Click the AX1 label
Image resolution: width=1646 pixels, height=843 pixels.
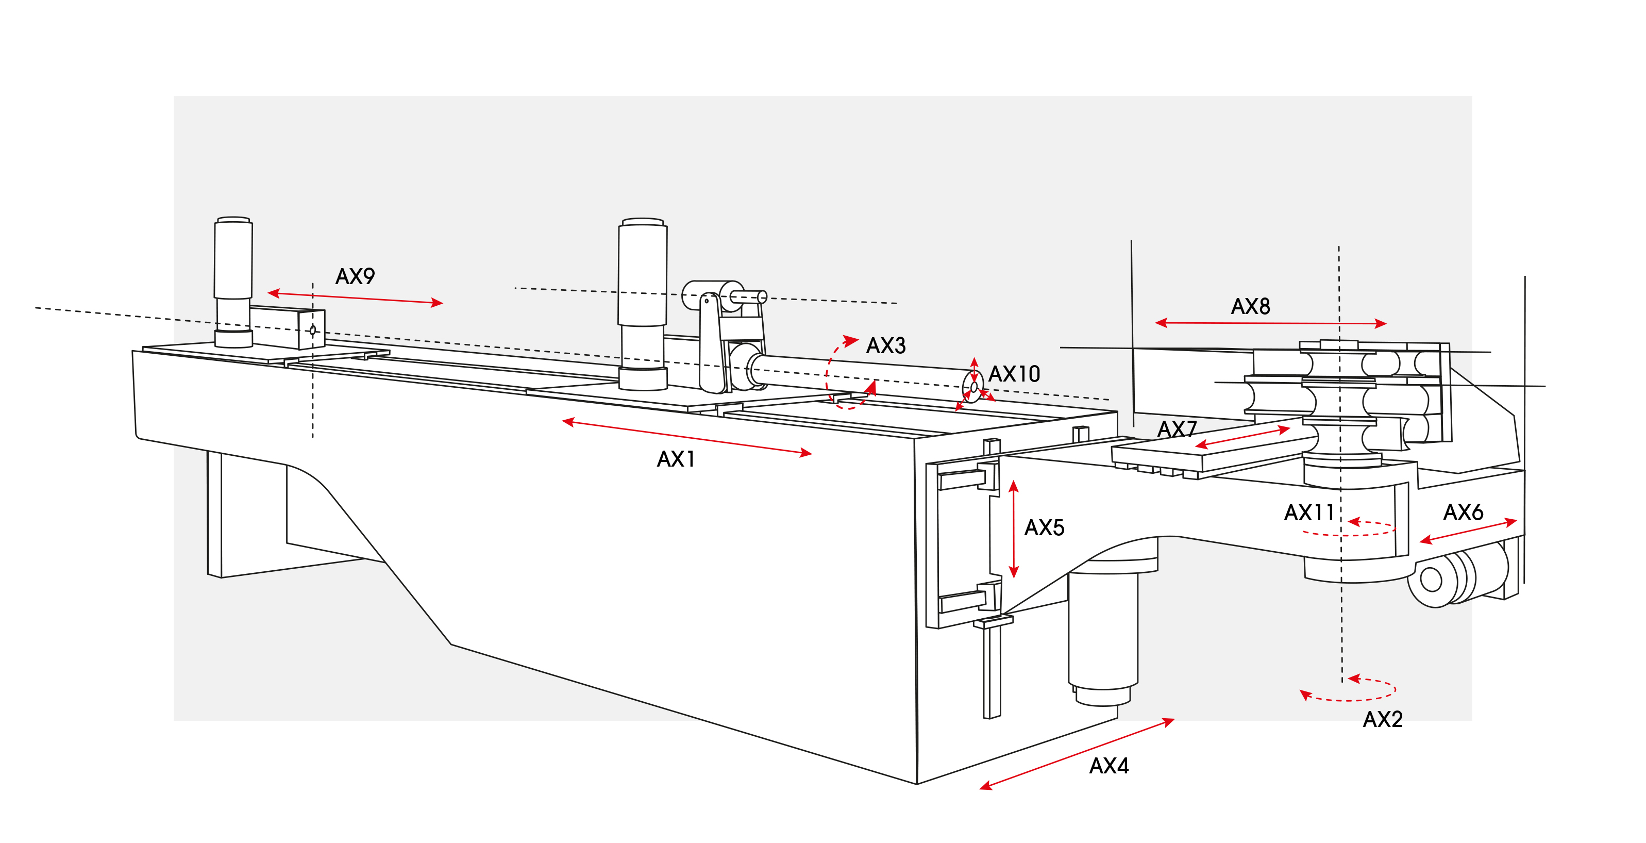pos(676,459)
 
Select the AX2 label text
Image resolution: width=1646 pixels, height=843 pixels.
pos(1382,720)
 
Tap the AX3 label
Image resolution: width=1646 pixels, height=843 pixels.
pos(886,346)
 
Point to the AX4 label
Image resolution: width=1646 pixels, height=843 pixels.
pos(1108,766)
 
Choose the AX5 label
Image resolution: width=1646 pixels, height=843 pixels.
pos(1044,528)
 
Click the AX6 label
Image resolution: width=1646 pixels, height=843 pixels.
pos(1463,513)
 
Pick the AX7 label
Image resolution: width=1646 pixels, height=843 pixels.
pos(1177,429)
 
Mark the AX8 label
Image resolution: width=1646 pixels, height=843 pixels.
pos(1250,307)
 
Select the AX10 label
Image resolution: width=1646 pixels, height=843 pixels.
pos(1014,374)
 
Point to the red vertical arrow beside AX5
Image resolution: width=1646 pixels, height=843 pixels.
pos(1013,529)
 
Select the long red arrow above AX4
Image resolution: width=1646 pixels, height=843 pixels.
pos(1077,754)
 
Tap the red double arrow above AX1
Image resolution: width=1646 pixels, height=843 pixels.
pos(687,437)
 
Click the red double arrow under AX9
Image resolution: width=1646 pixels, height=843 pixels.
pos(355,298)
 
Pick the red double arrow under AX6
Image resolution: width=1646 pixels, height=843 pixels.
pos(1468,531)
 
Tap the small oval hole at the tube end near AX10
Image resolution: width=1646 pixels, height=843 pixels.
pos(974,387)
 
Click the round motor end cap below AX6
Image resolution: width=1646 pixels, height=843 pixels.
pos(1431,580)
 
